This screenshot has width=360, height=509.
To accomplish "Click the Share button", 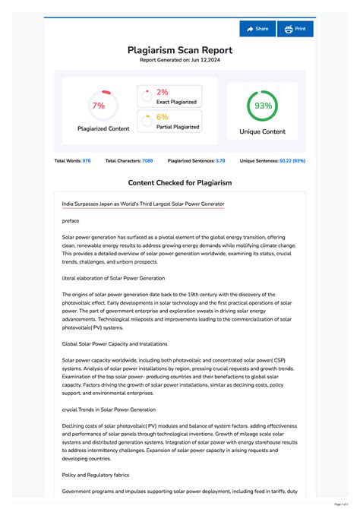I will pos(257,29).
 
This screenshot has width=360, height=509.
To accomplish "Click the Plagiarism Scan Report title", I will pos(180,50).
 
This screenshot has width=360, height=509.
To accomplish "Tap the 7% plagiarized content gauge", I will pos(98,106).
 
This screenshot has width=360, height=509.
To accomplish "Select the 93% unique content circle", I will pos(263,106).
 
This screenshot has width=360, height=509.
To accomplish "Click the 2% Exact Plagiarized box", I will pos(169,96).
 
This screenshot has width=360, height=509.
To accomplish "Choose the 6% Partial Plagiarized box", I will pos(169,122).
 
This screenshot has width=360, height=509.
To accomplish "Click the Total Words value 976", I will pos(87,161).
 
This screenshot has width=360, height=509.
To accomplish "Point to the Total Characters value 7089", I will pos(147,161).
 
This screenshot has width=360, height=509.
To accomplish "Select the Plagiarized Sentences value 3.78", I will pos(220,161).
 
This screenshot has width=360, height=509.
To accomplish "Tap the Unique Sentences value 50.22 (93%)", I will pos(292,161).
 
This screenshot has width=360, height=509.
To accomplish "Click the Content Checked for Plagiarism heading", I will pos(180,183).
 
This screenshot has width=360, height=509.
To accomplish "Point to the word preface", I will pos(71,220).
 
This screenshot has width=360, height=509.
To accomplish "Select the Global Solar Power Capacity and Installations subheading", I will pos(115,344).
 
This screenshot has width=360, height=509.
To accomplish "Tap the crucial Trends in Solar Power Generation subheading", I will pos(109,409).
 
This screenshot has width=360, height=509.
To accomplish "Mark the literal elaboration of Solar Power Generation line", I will pos(113,279).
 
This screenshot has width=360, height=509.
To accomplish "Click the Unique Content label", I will pos(263,131).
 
